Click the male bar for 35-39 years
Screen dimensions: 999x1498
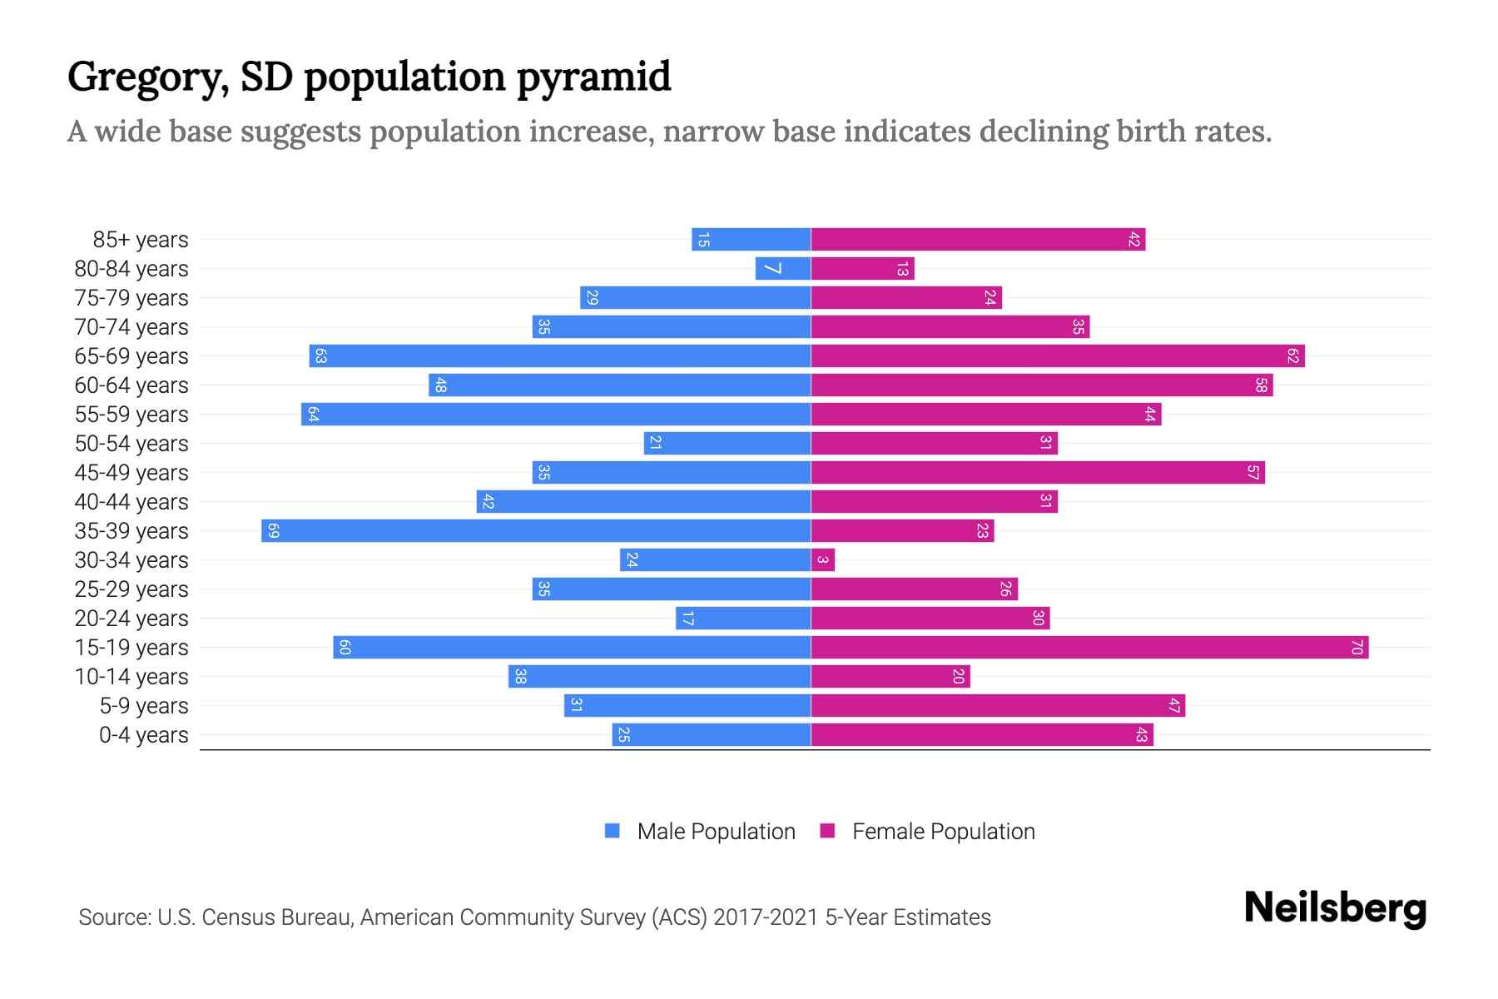[x=536, y=531]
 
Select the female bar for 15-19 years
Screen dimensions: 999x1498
[x=1089, y=648]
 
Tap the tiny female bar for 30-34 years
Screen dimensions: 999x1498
[x=822, y=560]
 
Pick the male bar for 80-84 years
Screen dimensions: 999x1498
[x=783, y=269]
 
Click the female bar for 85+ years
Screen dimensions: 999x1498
[x=978, y=240]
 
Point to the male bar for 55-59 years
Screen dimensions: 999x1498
[x=556, y=415]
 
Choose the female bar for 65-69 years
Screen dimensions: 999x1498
[x=1058, y=356]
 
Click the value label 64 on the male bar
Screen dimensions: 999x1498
[x=313, y=415]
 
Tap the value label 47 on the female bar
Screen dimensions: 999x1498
[x=1173, y=706]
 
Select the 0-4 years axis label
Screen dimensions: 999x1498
[x=143, y=735]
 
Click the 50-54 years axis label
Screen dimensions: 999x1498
[x=131, y=444]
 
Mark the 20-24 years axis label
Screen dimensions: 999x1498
[x=131, y=619]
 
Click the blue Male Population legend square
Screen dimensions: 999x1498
[x=613, y=831]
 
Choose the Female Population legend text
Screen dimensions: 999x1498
[x=943, y=832]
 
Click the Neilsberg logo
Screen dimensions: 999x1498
[x=1335, y=908]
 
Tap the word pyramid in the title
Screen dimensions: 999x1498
[x=593, y=77]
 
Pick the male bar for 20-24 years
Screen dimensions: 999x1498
[x=743, y=619]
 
